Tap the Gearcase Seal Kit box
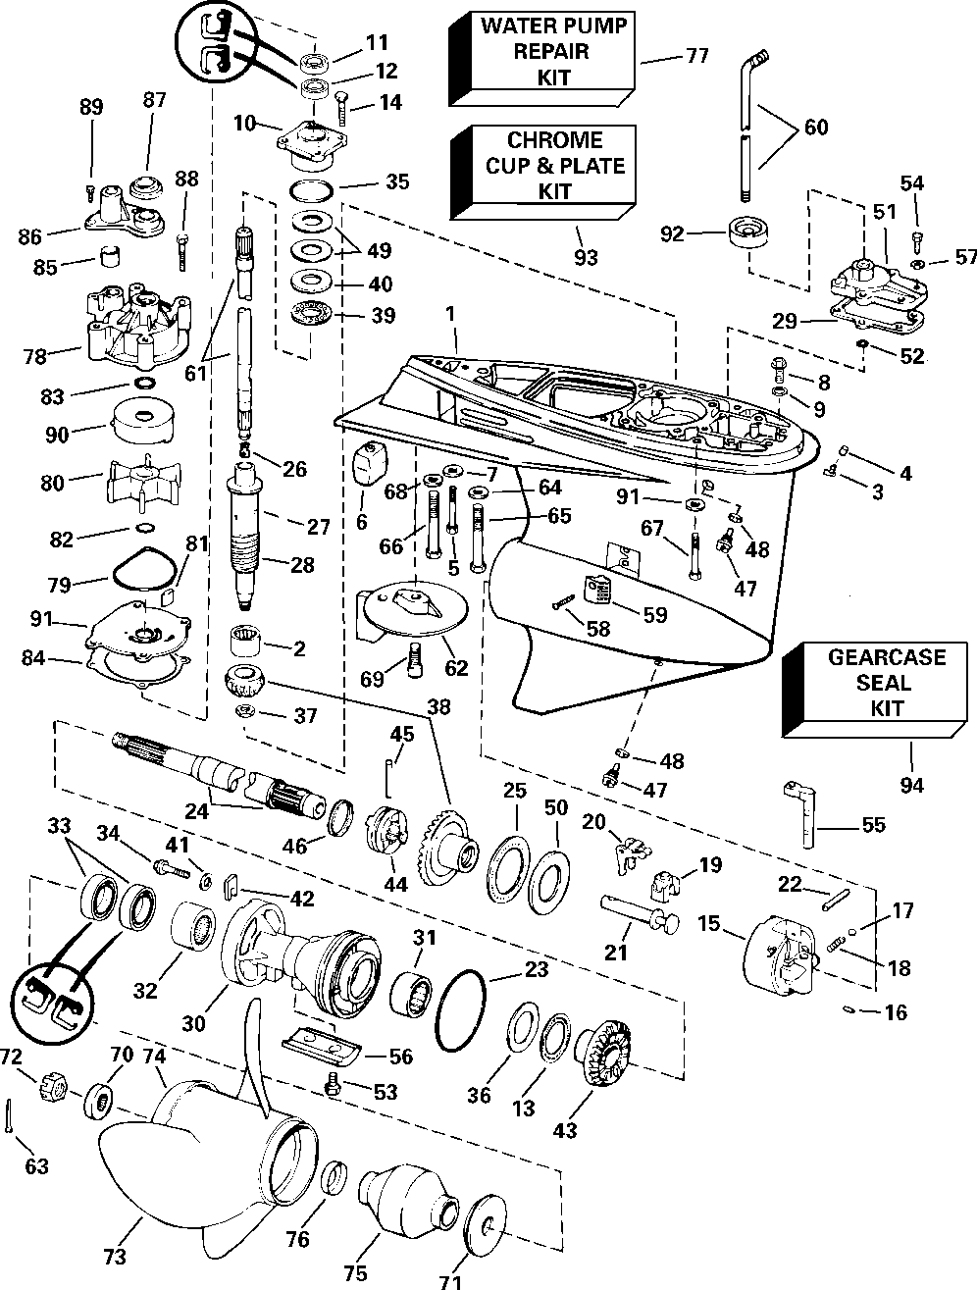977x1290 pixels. coord(879,683)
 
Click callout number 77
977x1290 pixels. coord(695,55)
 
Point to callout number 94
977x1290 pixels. coord(912,785)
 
